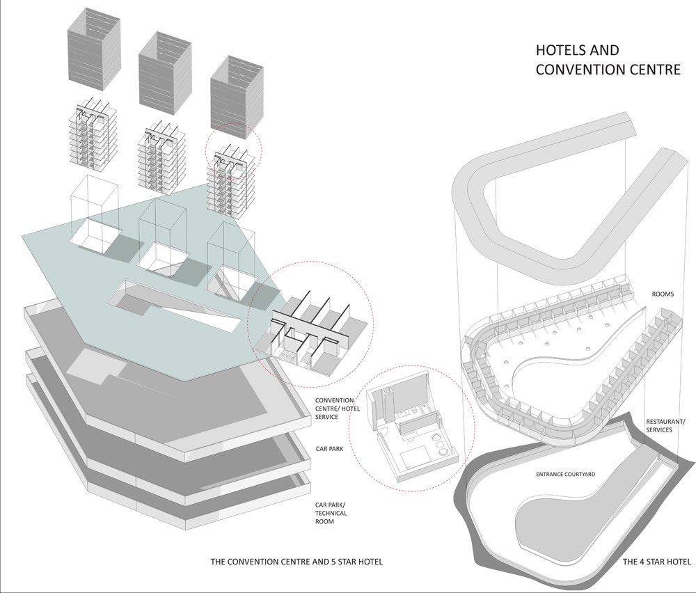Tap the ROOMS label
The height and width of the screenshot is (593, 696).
coord(663,294)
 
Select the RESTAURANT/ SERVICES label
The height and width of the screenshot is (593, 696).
coord(665,426)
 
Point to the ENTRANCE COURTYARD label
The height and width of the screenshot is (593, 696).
coord(565,475)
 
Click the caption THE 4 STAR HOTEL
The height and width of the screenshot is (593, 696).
coord(657,562)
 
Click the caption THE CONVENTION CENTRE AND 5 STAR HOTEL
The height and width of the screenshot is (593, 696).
coord(296,562)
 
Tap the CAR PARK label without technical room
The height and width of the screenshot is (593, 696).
coord(329,449)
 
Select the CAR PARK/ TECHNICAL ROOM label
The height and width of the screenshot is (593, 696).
coord(331,513)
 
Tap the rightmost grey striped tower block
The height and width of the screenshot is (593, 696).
coord(237,97)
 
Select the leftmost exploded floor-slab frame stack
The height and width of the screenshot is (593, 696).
coord(93,134)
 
